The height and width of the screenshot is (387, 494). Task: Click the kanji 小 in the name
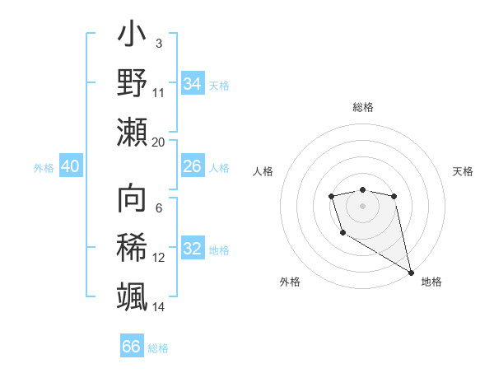[x=132, y=36]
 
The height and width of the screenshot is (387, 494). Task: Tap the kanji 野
[x=132, y=83]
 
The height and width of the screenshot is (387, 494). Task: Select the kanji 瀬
[x=132, y=132]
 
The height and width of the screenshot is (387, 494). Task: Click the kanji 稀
[x=132, y=248]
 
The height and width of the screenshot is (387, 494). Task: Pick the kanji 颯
[x=132, y=296]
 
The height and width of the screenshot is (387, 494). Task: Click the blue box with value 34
[x=192, y=83]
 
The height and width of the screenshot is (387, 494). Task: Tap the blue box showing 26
[x=192, y=166]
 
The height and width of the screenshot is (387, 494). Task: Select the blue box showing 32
[x=192, y=249]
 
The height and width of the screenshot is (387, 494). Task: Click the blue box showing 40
[x=70, y=166]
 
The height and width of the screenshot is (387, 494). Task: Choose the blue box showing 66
[x=131, y=347]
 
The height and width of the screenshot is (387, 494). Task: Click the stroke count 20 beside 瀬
[x=159, y=142]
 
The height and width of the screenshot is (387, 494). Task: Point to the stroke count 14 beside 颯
[x=159, y=306]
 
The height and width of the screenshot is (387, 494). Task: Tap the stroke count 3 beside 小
[x=158, y=43]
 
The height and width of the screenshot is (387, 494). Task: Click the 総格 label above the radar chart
[x=363, y=107]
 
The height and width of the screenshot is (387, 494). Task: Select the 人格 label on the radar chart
[x=263, y=171]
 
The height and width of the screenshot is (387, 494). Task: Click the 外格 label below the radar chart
[x=290, y=282]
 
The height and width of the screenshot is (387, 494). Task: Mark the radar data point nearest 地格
[x=411, y=272]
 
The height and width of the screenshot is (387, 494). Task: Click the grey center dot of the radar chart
[x=362, y=204]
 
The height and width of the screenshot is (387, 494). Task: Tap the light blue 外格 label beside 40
[x=44, y=167]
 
